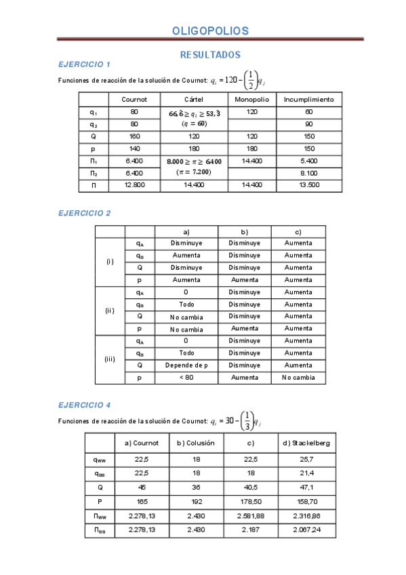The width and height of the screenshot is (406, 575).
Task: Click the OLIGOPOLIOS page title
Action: (x=210, y=31)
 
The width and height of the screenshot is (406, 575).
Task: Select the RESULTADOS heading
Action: (x=210, y=54)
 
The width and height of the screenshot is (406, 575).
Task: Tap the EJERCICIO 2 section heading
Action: (x=85, y=213)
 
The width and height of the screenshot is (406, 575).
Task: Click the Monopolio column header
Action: (x=252, y=99)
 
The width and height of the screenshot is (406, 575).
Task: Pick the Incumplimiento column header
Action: (x=308, y=99)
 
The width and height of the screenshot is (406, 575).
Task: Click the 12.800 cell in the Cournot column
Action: (x=134, y=184)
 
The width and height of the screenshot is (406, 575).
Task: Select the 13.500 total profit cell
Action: (x=308, y=184)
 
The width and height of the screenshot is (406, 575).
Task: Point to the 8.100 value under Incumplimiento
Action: (x=308, y=172)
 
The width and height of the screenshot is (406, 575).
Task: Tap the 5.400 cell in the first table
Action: (x=308, y=161)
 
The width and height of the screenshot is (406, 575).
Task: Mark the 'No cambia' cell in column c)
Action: (x=298, y=378)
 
